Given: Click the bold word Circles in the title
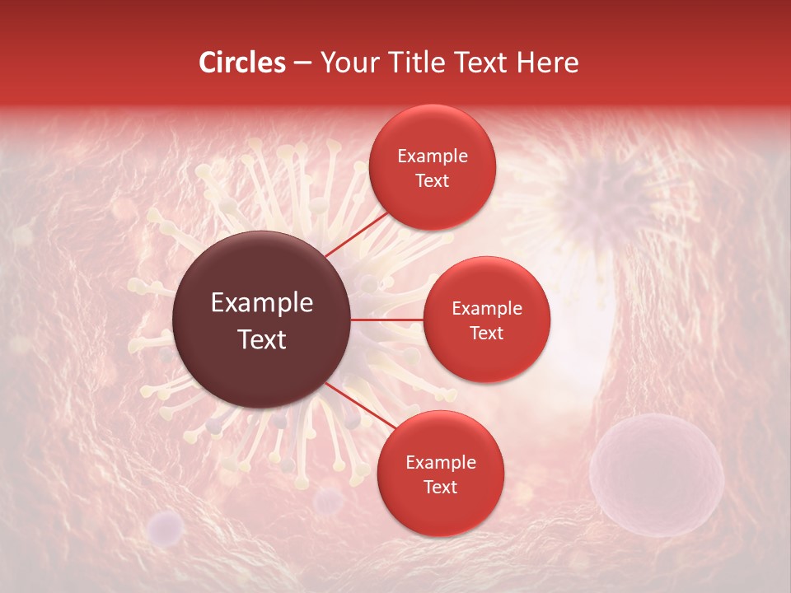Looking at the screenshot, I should (x=242, y=63).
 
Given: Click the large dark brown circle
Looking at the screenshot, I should (x=261, y=320).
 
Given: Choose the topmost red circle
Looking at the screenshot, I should (x=432, y=167).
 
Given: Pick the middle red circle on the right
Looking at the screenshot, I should (x=486, y=320).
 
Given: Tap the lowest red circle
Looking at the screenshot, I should (x=440, y=474).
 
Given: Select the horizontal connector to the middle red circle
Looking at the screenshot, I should (x=387, y=320).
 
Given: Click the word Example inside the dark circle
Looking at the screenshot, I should (x=261, y=303).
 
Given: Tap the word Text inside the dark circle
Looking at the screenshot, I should (x=261, y=339).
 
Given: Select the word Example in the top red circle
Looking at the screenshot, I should (x=432, y=156).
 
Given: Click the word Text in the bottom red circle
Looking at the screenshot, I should (x=440, y=487).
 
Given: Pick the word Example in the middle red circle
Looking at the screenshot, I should (x=486, y=309).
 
